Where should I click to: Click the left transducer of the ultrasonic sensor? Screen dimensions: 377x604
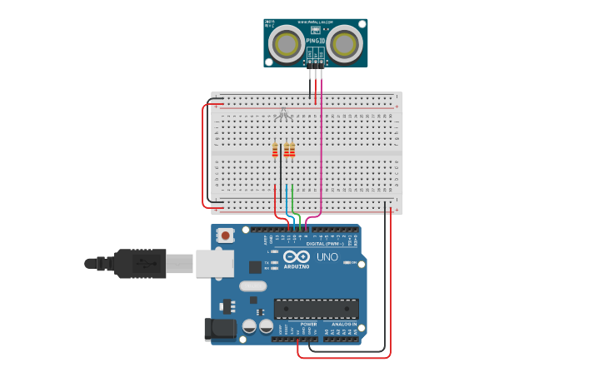tap(287, 43)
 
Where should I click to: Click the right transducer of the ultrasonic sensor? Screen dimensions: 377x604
tap(344, 43)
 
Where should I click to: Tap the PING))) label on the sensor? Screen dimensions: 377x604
tap(315, 40)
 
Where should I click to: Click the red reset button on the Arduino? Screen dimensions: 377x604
tap(225, 236)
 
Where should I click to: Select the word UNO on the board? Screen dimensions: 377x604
tap(327, 257)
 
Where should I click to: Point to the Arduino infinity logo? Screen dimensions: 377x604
tap(297, 256)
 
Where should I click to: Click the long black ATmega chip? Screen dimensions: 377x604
tap(317, 309)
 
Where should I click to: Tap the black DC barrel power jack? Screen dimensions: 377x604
tap(218, 330)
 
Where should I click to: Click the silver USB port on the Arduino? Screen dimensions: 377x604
tap(214, 264)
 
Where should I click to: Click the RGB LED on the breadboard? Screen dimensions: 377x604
tap(283, 114)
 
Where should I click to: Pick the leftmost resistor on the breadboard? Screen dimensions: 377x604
tap(275, 150)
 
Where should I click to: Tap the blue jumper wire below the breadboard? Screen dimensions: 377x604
tap(287, 200)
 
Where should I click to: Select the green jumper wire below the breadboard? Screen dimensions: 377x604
tap(292, 200)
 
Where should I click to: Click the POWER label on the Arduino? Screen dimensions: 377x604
tap(297, 324)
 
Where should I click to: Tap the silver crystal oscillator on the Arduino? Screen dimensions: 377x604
tap(253, 286)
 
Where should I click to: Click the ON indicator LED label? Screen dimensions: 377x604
tap(354, 263)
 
